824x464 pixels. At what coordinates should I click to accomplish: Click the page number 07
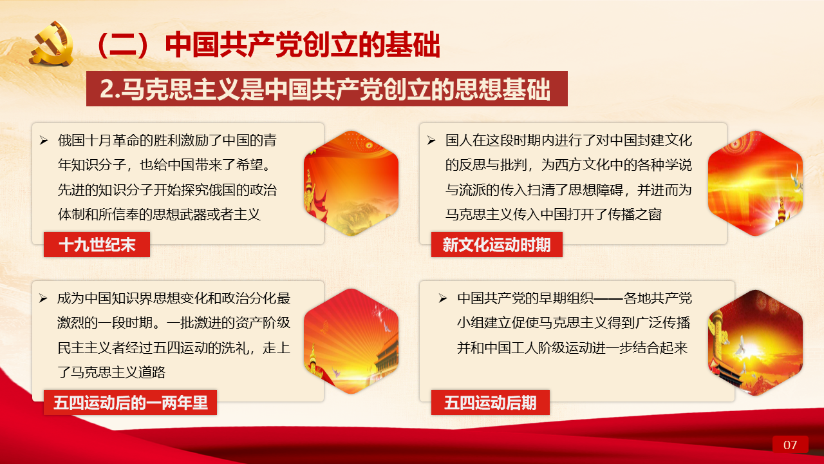[790, 445]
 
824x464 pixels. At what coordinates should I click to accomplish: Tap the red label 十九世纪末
[97, 244]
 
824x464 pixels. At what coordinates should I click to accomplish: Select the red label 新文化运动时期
[496, 244]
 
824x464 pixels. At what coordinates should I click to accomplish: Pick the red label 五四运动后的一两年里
[130, 402]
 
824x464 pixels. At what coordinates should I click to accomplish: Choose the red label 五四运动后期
[491, 402]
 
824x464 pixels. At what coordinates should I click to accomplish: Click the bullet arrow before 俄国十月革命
[44, 140]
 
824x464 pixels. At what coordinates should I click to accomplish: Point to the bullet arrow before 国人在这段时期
[431, 140]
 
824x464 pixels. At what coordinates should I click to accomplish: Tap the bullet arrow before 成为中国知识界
[43, 298]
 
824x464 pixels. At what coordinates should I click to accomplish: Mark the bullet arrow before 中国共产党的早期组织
[443, 298]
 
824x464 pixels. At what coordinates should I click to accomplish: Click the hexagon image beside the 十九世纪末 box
[351, 183]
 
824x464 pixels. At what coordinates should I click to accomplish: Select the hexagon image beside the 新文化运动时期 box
[755, 183]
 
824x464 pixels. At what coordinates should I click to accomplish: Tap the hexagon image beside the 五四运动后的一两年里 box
[351, 341]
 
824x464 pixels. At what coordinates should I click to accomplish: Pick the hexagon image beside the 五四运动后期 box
[755, 342]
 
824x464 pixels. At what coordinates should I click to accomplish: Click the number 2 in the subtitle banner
[106, 89]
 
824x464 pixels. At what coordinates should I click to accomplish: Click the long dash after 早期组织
[608, 298]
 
